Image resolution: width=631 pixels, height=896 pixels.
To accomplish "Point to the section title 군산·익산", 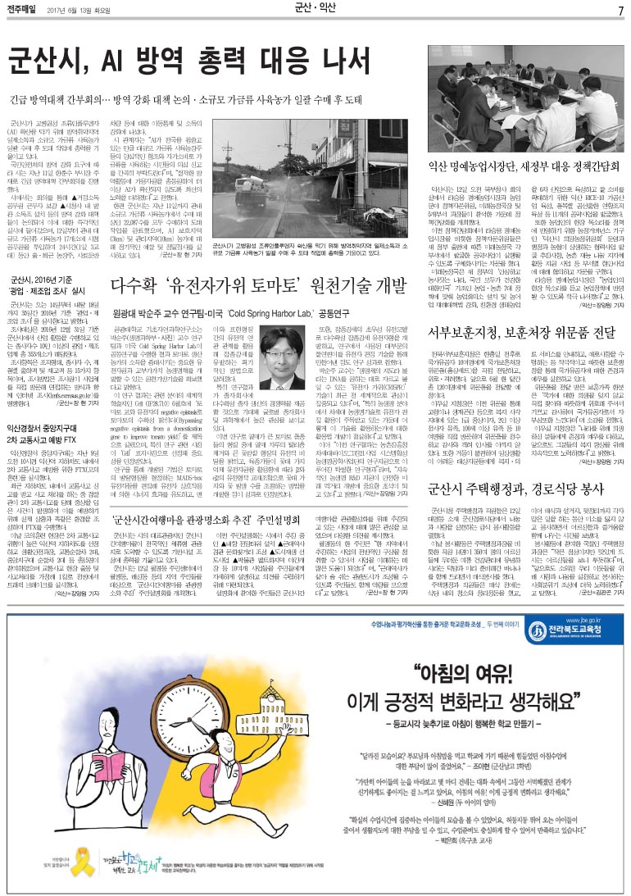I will tap(315, 10).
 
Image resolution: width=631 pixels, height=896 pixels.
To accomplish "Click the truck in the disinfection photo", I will tap(246, 184).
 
